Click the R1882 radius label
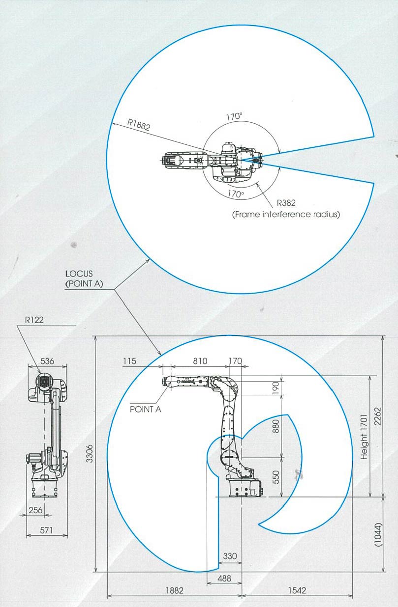pos(139,125)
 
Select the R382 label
pos(286,203)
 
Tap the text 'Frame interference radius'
pos(286,214)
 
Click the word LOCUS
pos(79,274)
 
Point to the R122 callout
pos(34,320)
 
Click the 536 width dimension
pos(47,361)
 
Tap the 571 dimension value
pos(46,530)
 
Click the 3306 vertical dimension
pos(90,453)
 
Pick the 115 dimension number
pos(129,361)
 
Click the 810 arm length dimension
pos(200,361)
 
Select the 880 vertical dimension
pos(276,426)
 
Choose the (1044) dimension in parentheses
pos(378,534)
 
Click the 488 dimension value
pos(224,579)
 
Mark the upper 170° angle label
pos(234,116)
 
